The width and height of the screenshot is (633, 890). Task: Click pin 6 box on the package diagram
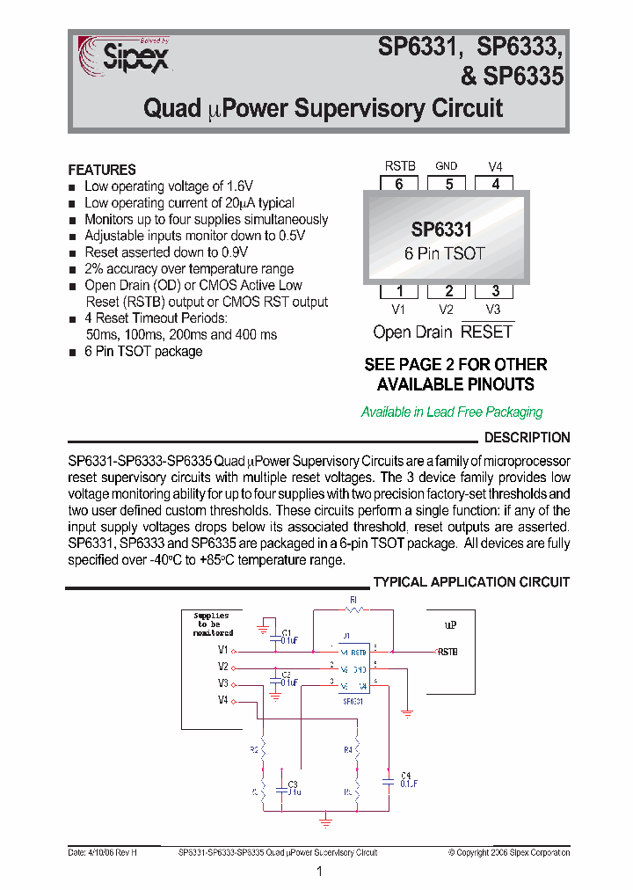(399, 184)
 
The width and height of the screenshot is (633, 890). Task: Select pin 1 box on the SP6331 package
(399, 291)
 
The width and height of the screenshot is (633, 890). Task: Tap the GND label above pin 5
(447, 165)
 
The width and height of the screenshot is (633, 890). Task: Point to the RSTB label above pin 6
(400, 165)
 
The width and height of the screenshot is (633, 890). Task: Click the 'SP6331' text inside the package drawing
(441, 230)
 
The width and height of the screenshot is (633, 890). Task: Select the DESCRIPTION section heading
(527, 437)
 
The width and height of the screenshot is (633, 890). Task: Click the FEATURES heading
(102, 170)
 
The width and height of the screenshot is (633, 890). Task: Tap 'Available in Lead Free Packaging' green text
(452, 412)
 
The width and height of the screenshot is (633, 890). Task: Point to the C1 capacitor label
(287, 633)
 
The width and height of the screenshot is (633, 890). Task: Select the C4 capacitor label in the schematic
(405, 775)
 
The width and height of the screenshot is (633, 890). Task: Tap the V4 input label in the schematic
(223, 700)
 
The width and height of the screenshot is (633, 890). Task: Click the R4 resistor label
(347, 750)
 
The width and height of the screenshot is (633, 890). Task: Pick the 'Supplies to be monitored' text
(212, 624)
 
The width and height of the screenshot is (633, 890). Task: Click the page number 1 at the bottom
(319, 872)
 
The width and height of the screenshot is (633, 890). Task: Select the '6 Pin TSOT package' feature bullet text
(143, 352)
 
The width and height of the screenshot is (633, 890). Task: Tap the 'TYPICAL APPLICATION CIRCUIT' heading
(471, 582)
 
